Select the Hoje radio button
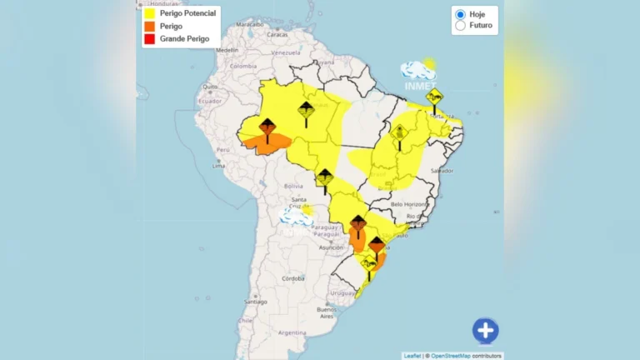pos(460,14)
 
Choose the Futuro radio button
pos(460,26)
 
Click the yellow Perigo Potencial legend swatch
pos(149,13)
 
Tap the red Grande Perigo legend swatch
pos(149,38)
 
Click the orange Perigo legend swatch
pos(149,26)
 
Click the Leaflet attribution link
pos(412,356)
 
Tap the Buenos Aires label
pos(326,313)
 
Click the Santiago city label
pos(256,301)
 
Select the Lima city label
pos(218,165)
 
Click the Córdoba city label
pos(292,278)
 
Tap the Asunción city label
pos(331,247)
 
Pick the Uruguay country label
pos(342,292)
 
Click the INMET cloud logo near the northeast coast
pos(418,73)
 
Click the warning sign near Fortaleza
pos(433,98)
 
